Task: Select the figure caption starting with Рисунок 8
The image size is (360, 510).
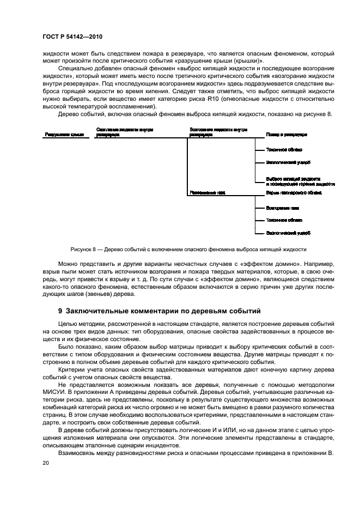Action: tap(184, 249)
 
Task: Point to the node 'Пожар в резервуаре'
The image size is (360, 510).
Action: tap(286, 134)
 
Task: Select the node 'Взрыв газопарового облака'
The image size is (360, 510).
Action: tap(294, 192)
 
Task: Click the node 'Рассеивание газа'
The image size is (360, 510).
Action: tap(208, 192)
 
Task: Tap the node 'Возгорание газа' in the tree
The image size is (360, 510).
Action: tap(281, 208)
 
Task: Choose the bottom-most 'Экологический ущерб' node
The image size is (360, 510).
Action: tap(288, 233)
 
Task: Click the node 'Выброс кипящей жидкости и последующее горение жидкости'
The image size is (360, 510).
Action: tap(300, 182)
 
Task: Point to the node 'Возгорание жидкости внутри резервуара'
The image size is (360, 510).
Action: tap(218, 131)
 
